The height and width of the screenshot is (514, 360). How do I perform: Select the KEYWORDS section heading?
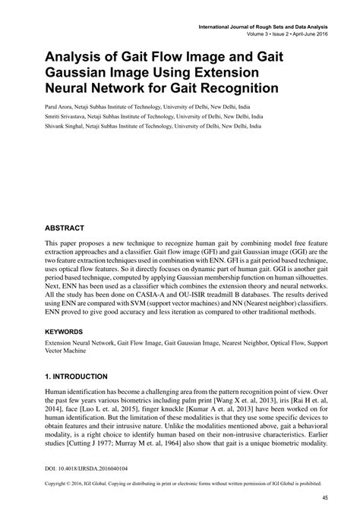point(68,332)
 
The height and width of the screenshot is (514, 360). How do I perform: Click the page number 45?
point(324,497)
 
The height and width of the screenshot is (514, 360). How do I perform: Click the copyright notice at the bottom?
point(179,482)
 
